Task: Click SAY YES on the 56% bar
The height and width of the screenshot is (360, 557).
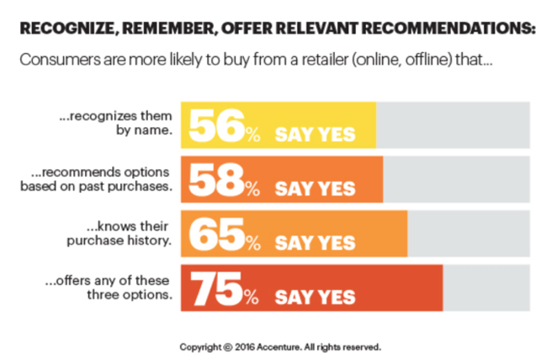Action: [316, 134]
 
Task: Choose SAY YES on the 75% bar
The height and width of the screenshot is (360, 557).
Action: [316, 296]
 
